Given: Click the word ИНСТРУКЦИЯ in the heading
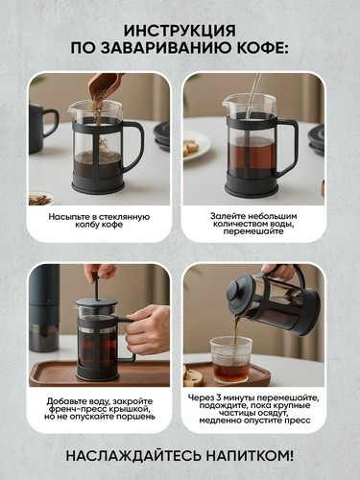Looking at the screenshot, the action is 180,31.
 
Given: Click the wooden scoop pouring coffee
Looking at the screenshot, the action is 102,85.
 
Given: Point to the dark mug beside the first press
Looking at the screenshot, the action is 41,128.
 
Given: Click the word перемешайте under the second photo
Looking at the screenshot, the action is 253,231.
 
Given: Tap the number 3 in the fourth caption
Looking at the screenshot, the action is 218,397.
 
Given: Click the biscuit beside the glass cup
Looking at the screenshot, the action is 193,375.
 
